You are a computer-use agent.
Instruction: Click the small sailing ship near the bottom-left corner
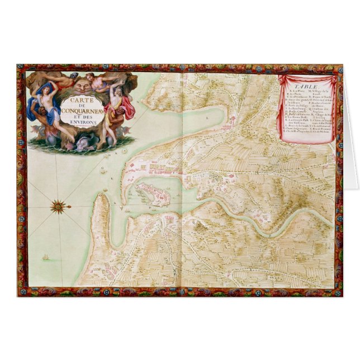tap(44, 259)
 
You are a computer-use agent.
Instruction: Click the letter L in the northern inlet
tap(206, 119)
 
